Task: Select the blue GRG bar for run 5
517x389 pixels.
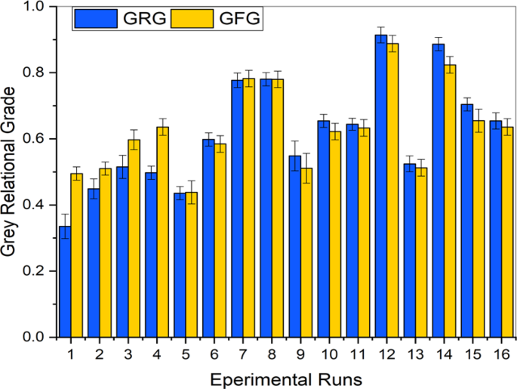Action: pos(180,265)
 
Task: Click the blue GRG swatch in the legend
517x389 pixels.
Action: pos(97,19)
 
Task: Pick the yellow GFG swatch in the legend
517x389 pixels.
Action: pos(188,19)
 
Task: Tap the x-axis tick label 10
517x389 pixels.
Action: pos(330,353)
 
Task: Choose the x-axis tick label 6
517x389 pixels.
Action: pos(214,353)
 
